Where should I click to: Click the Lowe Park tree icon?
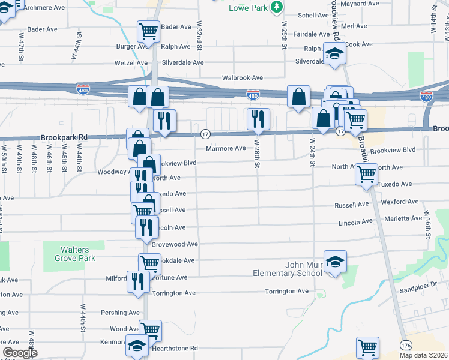tap(277, 7)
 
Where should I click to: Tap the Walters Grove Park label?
tap(78, 254)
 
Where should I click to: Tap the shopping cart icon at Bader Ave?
tap(148, 31)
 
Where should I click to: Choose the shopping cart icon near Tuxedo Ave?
tap(366, 174)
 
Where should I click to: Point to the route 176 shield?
tap(406, 345)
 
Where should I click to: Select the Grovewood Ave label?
tap(175, 244)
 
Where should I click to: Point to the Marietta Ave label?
tap(405, 218)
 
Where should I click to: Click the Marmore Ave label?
tap(226, 148)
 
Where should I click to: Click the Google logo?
tap(20, 353)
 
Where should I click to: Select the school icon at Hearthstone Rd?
tap(137, 345)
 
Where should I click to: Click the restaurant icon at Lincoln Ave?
tap(146, 227)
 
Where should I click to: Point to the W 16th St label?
tap(428, 224)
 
